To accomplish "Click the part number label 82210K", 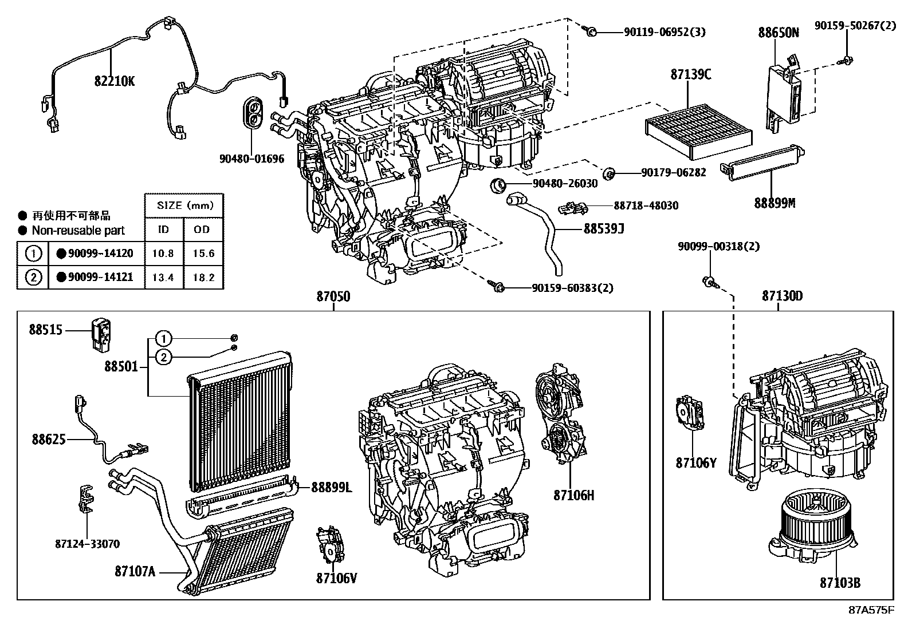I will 115,82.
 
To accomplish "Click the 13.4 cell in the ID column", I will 163,278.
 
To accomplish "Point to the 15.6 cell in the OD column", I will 203,253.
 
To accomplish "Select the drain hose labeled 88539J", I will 541,229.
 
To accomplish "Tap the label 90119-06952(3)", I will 665,32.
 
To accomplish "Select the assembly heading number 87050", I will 333,296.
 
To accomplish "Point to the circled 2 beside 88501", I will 163,358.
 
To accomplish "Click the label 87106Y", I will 695,463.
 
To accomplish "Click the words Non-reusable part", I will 78,231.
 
